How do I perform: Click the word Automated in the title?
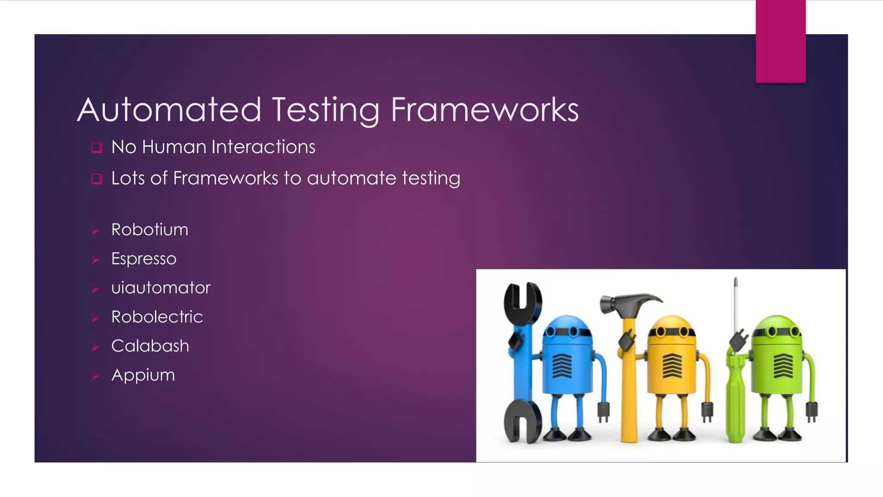click(169, 110)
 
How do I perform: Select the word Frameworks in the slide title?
click(485, 110)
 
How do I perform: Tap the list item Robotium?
click(150, 230)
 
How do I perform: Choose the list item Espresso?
click(144, 259)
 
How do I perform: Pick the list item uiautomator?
click(161, 288)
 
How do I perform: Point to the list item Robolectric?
click(157, 317)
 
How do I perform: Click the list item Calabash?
click(150, 346)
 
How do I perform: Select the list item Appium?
click(143, 375)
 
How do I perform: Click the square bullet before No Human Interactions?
click(97, 148)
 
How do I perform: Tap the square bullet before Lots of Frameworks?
click(97, 179)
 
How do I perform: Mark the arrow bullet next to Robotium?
click(95, 231)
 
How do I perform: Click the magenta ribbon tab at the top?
click(780, 41)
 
